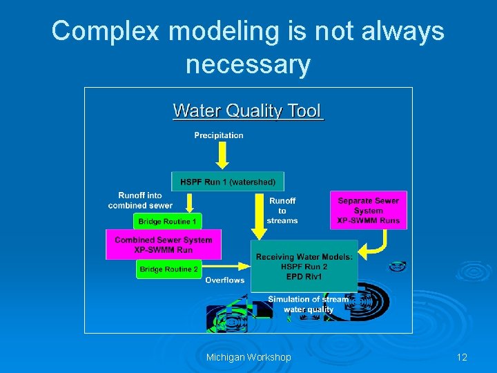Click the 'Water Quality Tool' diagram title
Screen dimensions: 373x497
pyautogui.click(x=248, y=111)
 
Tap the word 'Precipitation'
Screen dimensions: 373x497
pyautogui.click(x=219, y=135)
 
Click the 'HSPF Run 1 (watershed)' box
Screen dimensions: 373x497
pyautogui.click(x=228, y=182)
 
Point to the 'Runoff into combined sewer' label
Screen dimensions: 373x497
pyautogui.click(x=140, y=200)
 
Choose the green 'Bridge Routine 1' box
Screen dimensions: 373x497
pyautogui.click(x=168, y=221)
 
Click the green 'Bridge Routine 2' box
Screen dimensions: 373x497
pyautogui.click(x=168, y=269)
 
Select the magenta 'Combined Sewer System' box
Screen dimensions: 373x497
pyautogui.click(x=164, y=245)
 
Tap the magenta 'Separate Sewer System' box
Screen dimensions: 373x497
pyautogui.click(x=368, y=210)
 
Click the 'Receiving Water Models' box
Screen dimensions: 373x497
pyautogui.click(x=304, y=266)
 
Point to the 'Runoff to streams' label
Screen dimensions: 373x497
pyautogui.click(x=282, y=211)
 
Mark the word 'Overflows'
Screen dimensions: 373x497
pyautogui.click(x=225, y=280)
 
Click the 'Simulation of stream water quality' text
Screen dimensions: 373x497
pyautogui.click(x=309, y=305)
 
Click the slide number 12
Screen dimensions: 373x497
pyautogui.click(x=462, y=357)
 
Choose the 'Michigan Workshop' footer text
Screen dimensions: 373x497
pyautogui.click(x=248, y=357)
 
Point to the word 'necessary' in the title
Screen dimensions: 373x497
pyautogui.click(x=248, y=64)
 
